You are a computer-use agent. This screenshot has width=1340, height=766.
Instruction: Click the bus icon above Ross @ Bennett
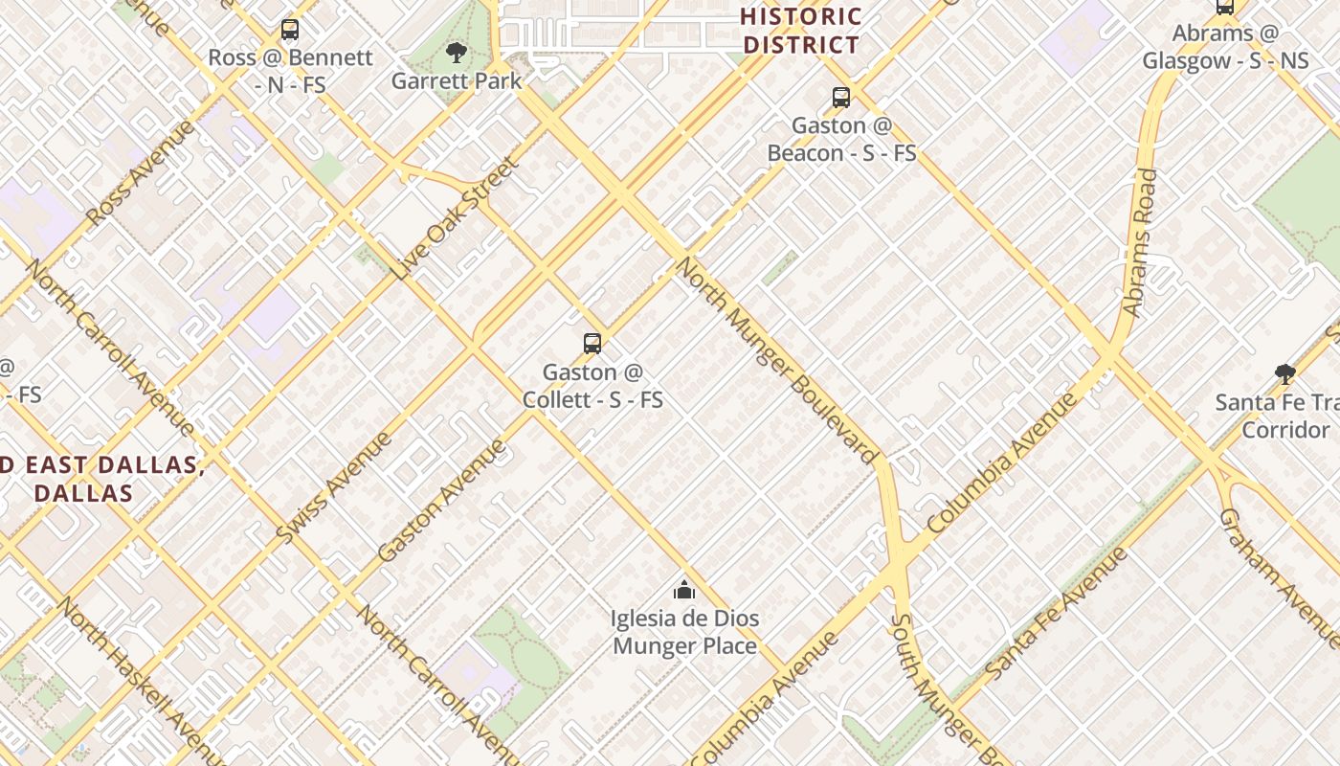[x=290, y=30]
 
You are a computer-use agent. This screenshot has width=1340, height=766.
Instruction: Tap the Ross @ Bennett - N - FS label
[x=290, y=71]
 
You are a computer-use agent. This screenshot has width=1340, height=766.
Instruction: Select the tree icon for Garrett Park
[x=457, y=53]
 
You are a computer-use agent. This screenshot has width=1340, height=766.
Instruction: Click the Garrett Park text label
[x=457, y=81]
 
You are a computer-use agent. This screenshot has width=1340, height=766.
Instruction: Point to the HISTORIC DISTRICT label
[x=801, y=31]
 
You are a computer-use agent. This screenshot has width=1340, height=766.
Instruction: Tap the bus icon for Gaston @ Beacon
[x=840, y=98]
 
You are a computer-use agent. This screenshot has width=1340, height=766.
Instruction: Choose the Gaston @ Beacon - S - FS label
[x=841, y=139]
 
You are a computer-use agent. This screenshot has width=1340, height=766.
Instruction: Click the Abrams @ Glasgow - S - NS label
[x=1225, y=47]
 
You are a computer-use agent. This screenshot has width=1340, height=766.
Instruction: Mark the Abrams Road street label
[x=1140, y=243]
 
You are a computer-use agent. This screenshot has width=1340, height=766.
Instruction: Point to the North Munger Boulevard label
[x=777, y=360]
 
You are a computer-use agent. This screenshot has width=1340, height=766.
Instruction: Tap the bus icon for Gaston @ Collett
[x=592, y=344]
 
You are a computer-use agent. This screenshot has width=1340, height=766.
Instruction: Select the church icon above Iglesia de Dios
[x=684, y=590]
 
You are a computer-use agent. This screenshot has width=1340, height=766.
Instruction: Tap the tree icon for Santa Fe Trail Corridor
[x=1284, y=373]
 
